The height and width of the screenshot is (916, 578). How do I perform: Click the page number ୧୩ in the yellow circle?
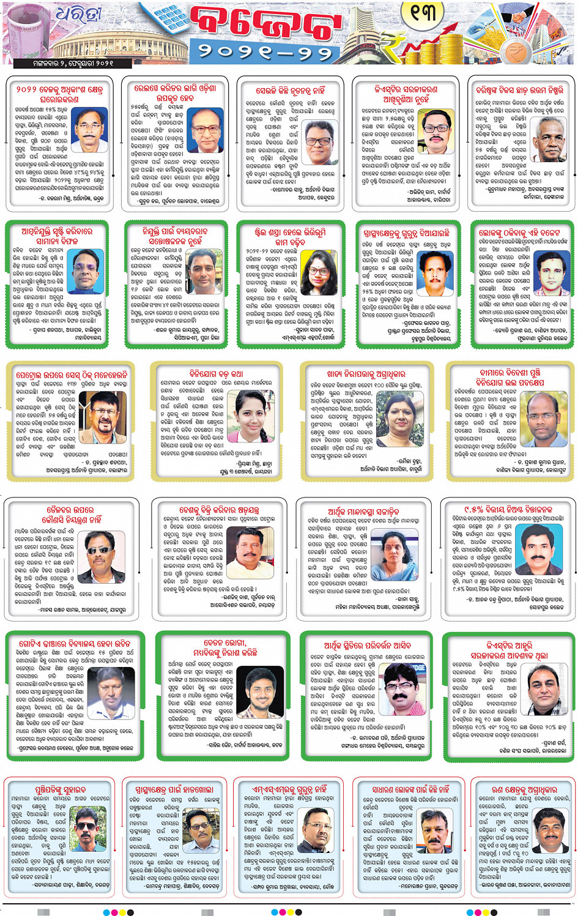pyautogui.click(x=423, y=12)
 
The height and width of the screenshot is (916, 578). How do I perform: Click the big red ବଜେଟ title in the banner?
pyautogui.click(x=264, y=26)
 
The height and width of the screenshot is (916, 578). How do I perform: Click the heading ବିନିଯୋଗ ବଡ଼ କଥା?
pyautogui.click(x=216, y=373)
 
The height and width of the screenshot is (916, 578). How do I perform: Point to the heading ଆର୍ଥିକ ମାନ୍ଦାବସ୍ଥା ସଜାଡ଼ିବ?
pyautogui.click(x=363, y=511)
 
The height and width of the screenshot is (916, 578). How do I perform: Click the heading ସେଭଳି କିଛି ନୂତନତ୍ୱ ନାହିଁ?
pyautogui.click(x=290, y=89)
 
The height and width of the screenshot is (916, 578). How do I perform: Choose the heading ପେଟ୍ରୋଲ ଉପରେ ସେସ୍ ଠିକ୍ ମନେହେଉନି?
pyautogui.click(x=72, y=374)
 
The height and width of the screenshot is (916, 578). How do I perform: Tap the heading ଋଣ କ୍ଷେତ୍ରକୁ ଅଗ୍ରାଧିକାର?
pyautogui.click(x=525, y=789)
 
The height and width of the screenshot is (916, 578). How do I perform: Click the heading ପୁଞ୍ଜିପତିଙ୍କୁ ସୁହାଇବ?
pyautogui.click(x=61, y=789)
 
